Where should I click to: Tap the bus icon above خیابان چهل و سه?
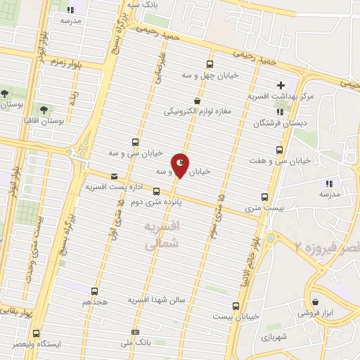click(210, 65)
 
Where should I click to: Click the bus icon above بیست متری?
click(264, 197)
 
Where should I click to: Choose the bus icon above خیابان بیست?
click(236, 305)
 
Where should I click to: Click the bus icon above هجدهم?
click(95, 290)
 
